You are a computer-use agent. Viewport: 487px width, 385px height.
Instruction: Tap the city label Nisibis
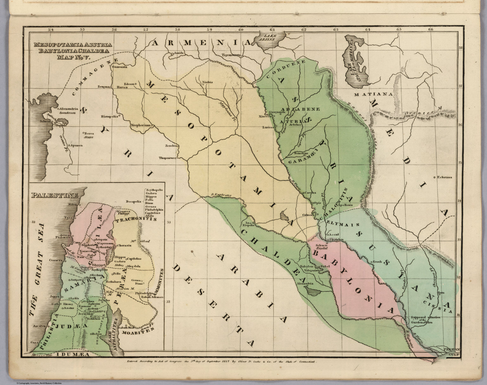click(x=207, y=82)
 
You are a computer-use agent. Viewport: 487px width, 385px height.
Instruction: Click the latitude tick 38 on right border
click(x=461, y=48)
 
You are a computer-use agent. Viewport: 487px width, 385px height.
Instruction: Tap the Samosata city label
click(x=120, y=67)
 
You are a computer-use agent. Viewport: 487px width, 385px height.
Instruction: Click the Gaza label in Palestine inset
click(x=34, y=343)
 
